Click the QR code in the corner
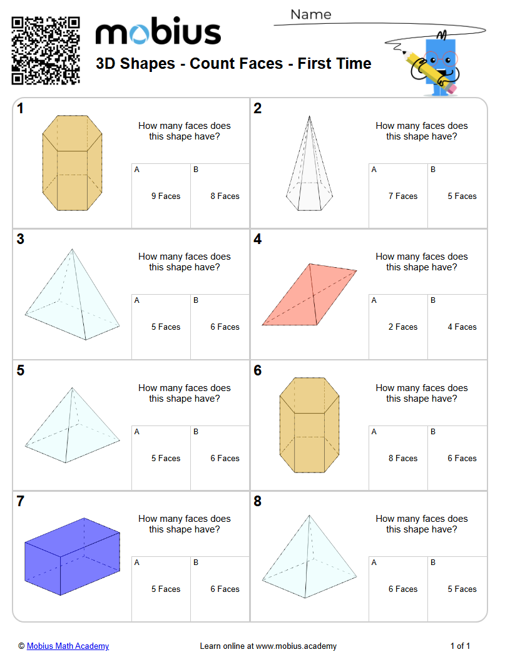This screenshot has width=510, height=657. coord(46,50)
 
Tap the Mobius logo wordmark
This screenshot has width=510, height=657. coord(158,33)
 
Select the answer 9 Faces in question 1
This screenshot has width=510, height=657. coord(165,196)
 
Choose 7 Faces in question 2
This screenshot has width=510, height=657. coord(402,196)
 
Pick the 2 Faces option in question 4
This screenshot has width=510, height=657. coord(402,327)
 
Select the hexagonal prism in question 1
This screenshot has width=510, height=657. coord(71,163)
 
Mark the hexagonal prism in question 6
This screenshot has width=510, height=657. coord(309,425)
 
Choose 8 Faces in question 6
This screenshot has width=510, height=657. coord(402,458)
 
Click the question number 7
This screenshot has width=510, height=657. coord(21,501)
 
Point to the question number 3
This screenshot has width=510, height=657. coord(21,239)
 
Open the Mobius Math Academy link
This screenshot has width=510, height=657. coord(68,646)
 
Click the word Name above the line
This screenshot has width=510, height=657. coord(311,14)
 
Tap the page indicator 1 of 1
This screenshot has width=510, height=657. coord(460,646)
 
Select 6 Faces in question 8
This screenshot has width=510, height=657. coord(402,589)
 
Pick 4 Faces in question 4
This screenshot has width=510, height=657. coord(462,327)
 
